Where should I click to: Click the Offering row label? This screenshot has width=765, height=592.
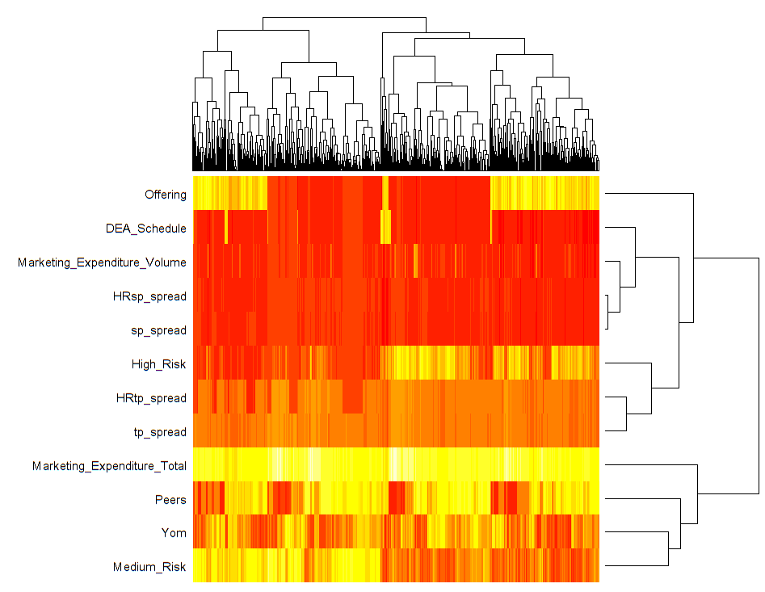coord(165,195)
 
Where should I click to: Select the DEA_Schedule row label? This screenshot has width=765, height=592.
coord(145,229)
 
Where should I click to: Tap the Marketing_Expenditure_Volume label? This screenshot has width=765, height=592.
coord(102,262)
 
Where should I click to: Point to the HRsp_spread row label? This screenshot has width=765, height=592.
coord(149,296)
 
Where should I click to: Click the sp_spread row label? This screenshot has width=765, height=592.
coord(158,330)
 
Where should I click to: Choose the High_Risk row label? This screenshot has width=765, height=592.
coord(158,364)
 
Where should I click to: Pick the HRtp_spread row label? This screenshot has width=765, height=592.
coord(151,398)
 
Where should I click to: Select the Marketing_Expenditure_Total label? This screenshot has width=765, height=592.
coord(109,466)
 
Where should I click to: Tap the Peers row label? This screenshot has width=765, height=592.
coord(170,500)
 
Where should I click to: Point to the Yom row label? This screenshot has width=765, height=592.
coord(173,533)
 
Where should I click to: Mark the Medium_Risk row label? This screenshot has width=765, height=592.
coord(149,567)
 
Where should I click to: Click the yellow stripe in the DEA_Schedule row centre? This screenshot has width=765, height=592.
coord(386,227)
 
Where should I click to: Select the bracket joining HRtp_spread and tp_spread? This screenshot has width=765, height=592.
coord(627,413)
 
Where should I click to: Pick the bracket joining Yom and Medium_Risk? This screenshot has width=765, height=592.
coord(668,548)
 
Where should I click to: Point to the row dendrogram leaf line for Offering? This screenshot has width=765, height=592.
coord(646,194)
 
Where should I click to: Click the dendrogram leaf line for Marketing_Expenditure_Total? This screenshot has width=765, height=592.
coord(646,465)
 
